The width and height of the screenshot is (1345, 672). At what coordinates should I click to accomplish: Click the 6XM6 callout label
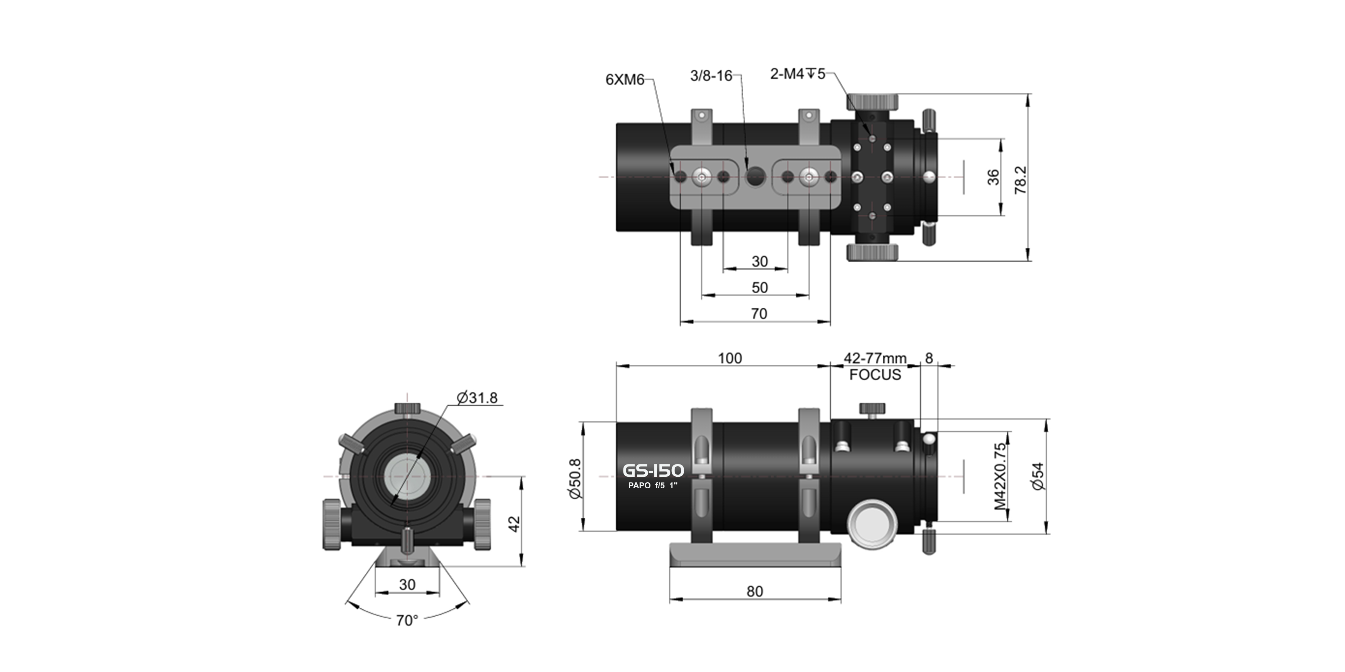(x=625, y=80)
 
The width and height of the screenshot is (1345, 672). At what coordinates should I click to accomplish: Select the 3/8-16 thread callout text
(x=711, y=76)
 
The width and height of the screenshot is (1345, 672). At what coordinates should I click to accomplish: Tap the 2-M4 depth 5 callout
(x=797, y=74)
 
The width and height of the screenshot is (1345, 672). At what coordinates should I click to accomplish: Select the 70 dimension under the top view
(x=759, y=314)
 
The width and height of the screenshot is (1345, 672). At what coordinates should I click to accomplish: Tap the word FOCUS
(x=875, y=374)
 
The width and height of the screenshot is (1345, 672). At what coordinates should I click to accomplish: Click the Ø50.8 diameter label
(x=575, y=478)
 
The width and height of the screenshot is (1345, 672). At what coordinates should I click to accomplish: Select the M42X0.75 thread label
(x=999, y=476)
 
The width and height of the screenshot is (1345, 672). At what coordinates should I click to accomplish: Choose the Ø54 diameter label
(x=1038, y=476)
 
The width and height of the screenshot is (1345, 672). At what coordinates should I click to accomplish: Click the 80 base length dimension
(x=754, y=591)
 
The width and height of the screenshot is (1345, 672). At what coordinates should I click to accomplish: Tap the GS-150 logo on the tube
(x=653, y=471)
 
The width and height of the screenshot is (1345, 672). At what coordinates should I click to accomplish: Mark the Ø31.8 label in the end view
(x=477, y=398)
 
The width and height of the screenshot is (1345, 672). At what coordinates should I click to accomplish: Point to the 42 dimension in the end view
(x=514, y=523)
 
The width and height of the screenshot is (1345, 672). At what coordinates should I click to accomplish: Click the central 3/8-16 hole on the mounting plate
(x=755, y=177)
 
